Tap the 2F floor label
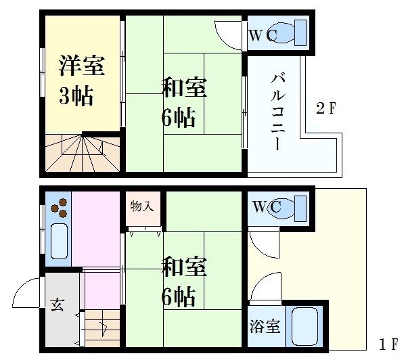325,108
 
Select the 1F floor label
388,344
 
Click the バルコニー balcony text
277,112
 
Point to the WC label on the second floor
263,35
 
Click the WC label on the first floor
267,206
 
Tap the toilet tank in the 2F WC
300,33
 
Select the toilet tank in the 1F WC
300,208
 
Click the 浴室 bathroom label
265,326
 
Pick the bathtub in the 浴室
304,326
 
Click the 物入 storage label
142,206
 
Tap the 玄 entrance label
58,305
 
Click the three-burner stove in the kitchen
60,208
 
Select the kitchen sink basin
60,241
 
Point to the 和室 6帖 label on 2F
184,102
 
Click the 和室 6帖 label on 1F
184,281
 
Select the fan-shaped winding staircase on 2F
83,153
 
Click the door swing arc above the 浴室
259,281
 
